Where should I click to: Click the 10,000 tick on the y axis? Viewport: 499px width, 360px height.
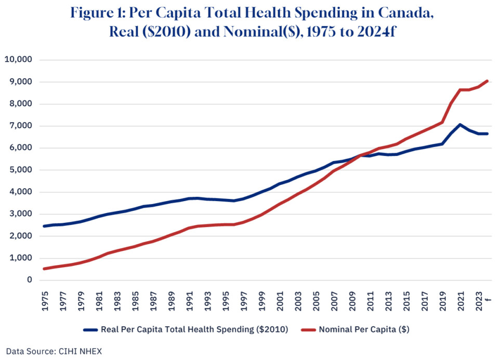click(19, 60)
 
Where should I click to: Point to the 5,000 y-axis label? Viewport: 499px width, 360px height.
click(21, 170)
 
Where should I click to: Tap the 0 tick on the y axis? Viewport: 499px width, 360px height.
click(30, 280)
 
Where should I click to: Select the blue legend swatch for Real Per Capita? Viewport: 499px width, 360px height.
click(90, 329)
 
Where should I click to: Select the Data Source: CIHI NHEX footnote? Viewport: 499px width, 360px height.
click(54, 351)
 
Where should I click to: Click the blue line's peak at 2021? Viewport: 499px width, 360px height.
click(460, 125)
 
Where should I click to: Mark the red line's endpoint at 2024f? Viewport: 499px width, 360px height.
click(487, 81)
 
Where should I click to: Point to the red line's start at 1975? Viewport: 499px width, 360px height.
click(45, 269)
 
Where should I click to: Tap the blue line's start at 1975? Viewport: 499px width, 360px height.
click(45, 226)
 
